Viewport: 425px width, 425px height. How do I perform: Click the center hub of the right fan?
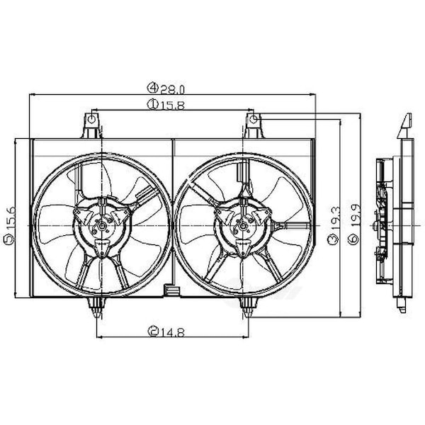(x=242, y=226)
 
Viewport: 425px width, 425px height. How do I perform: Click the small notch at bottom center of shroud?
(x=171, y=289)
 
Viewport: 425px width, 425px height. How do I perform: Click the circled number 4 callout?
(x=152, y=89)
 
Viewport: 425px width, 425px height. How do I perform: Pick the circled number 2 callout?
(x=153, y=330)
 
